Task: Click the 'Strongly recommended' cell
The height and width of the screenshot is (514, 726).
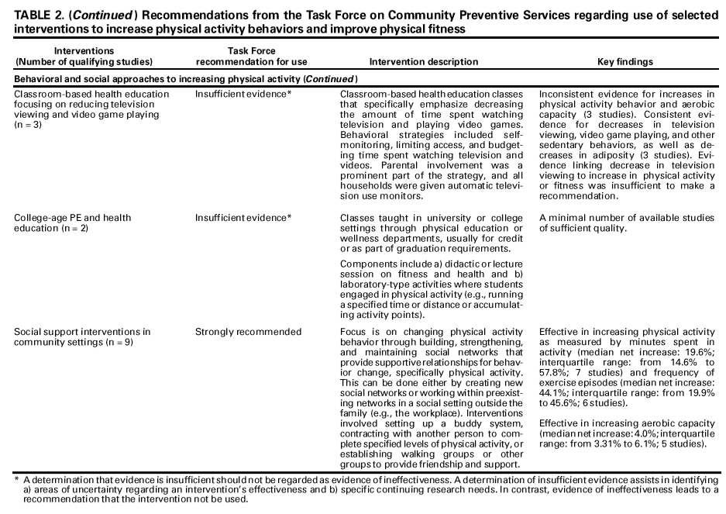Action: [248, 332]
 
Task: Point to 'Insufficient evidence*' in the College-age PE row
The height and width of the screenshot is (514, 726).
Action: [243, 218]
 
